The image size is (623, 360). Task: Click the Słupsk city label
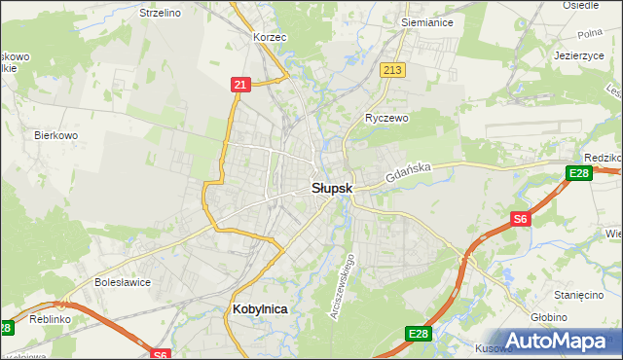click(332, 187)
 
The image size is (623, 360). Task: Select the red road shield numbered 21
click(240, 85)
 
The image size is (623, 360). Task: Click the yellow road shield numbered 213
click(393, 70)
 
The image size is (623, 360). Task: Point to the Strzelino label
click(161, 13)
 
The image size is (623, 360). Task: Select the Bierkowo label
click(55, 135)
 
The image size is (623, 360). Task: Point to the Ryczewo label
click(385, 118)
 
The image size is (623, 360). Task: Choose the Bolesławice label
click(120, 283)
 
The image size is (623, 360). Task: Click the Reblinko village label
click(48, 318)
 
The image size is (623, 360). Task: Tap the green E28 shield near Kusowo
click(418, 334)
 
